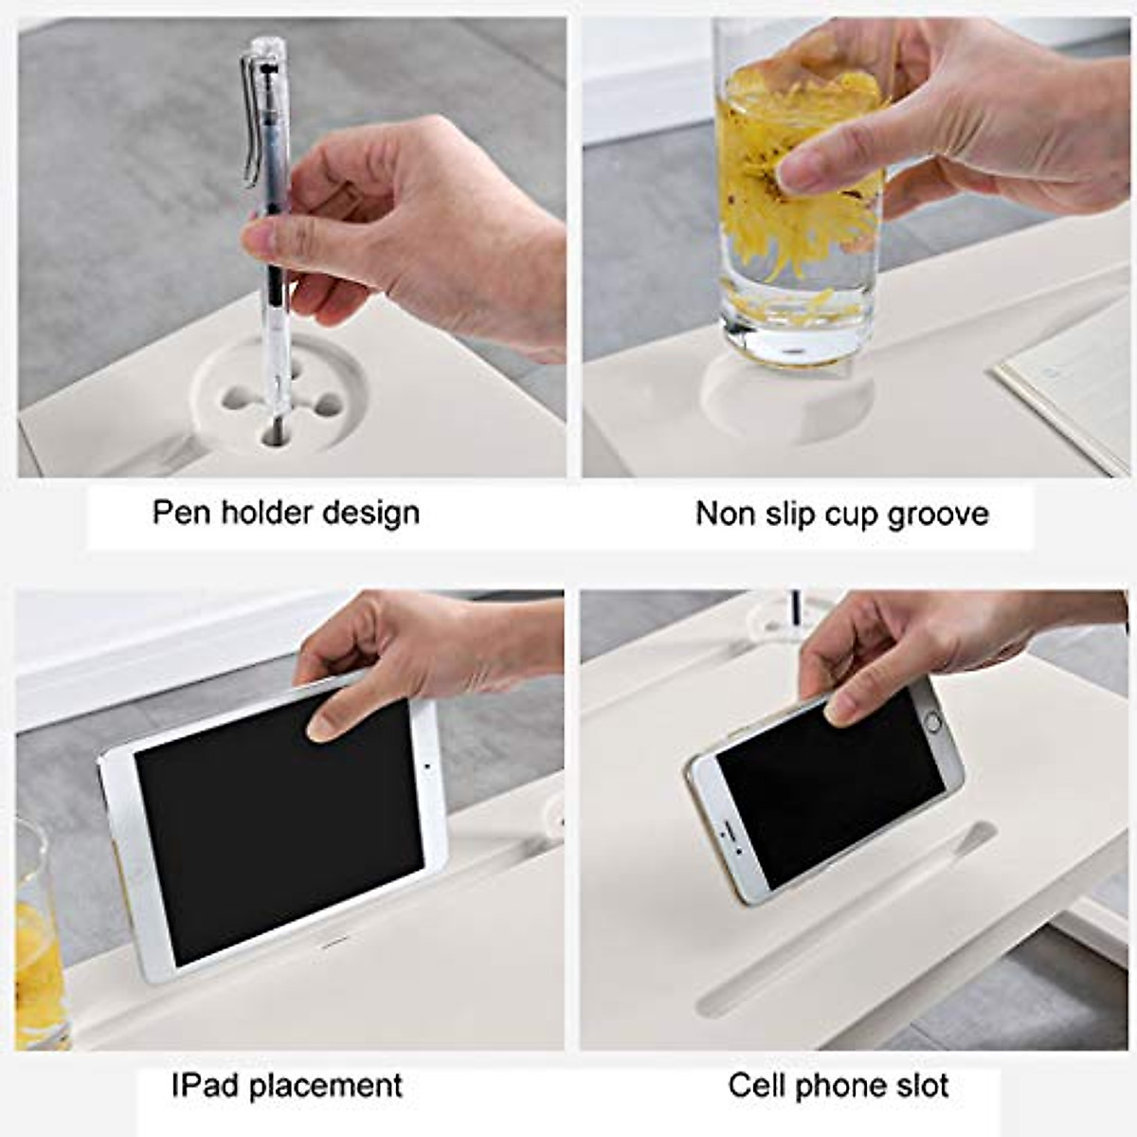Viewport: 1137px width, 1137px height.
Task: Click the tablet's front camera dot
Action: (x=428, y=766)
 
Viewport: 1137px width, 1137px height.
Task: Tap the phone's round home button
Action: (x=932, y=722)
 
